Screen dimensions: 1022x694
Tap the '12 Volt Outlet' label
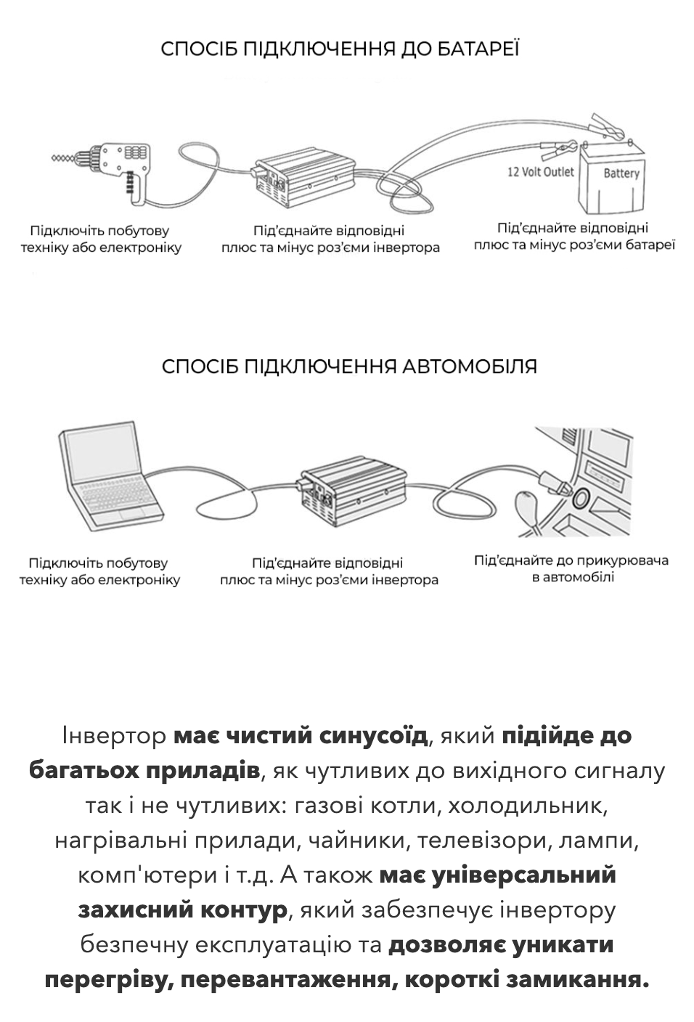(540, 172)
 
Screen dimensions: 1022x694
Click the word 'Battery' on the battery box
(621, 173)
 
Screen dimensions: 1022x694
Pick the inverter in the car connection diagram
(353, 486)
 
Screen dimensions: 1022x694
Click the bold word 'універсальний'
(523, 875)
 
